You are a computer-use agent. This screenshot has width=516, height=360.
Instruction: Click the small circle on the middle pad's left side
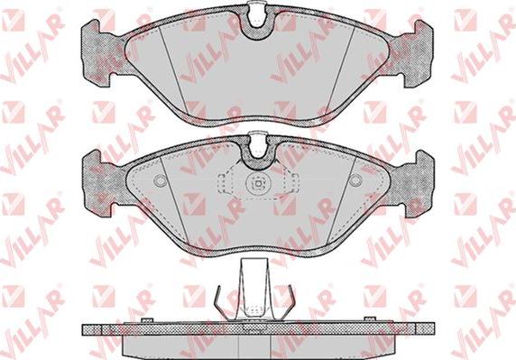point(161,180)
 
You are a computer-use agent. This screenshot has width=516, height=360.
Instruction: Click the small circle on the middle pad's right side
point(355,180)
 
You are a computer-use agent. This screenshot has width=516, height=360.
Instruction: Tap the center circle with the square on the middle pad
point(258,184)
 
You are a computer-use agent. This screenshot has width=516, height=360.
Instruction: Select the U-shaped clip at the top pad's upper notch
point(258,14)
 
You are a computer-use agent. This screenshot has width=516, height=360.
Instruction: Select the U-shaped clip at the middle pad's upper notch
point(258,143)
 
